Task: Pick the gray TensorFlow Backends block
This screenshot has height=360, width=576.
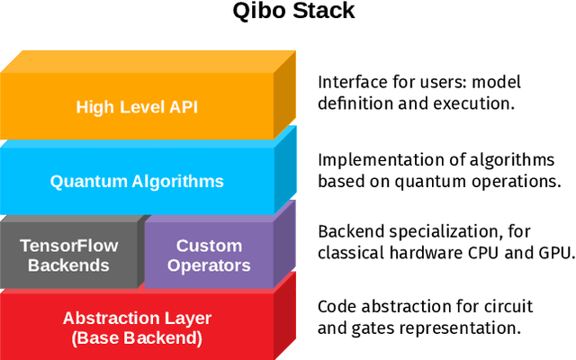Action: tap(68, 255)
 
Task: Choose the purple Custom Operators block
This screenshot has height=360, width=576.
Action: tap(209, 255)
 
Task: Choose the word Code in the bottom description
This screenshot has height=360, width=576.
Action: tap(336, 306)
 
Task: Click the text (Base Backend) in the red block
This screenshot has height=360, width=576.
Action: tap(137, 338)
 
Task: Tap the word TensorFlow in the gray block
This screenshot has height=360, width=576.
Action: tap(68, 245)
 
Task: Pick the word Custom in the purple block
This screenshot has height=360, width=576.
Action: tap(209, 245)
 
